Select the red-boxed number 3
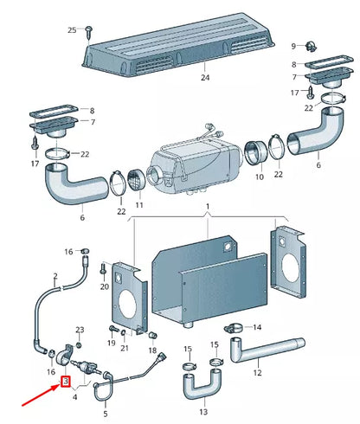point(64,381)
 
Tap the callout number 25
point(72,29)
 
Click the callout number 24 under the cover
point(205,78)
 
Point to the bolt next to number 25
point(90,31)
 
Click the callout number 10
point(258,177)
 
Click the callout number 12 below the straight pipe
point(256,373)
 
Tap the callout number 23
point(80,330)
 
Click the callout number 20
point(104,286)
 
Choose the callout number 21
point(125,348)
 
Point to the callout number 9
point(293,45)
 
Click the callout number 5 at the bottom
point(106,414)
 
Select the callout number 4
point(77,397)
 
